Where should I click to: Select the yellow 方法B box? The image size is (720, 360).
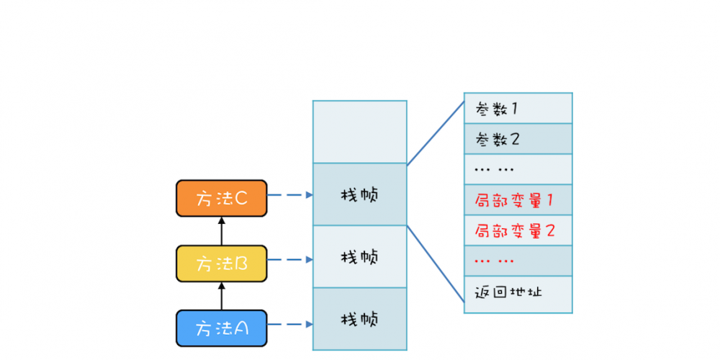click(222, 263)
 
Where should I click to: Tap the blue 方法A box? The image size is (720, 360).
click(222, 328)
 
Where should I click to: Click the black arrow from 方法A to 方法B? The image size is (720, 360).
click(222, 296)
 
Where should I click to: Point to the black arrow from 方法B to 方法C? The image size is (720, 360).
click(222, 231)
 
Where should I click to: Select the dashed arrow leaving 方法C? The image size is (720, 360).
click(289, 194)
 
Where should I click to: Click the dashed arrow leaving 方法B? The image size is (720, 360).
click(289, 259)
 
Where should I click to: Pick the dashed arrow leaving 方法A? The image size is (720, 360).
click(289, 324)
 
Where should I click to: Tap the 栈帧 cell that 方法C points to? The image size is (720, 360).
click(360, 194)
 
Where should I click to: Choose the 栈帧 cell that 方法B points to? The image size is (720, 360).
click(360, 257)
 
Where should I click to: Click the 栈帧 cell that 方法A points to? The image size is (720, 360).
click(360, 319)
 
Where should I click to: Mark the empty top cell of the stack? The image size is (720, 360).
click(360, 132)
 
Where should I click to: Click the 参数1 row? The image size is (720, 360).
click(518, 109)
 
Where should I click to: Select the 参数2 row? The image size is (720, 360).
click(518, 139)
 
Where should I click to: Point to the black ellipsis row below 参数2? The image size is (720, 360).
click(518, 169)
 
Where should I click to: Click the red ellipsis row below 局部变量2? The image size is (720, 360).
click(518, 261)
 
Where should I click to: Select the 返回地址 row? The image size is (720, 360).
click(518, 294)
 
